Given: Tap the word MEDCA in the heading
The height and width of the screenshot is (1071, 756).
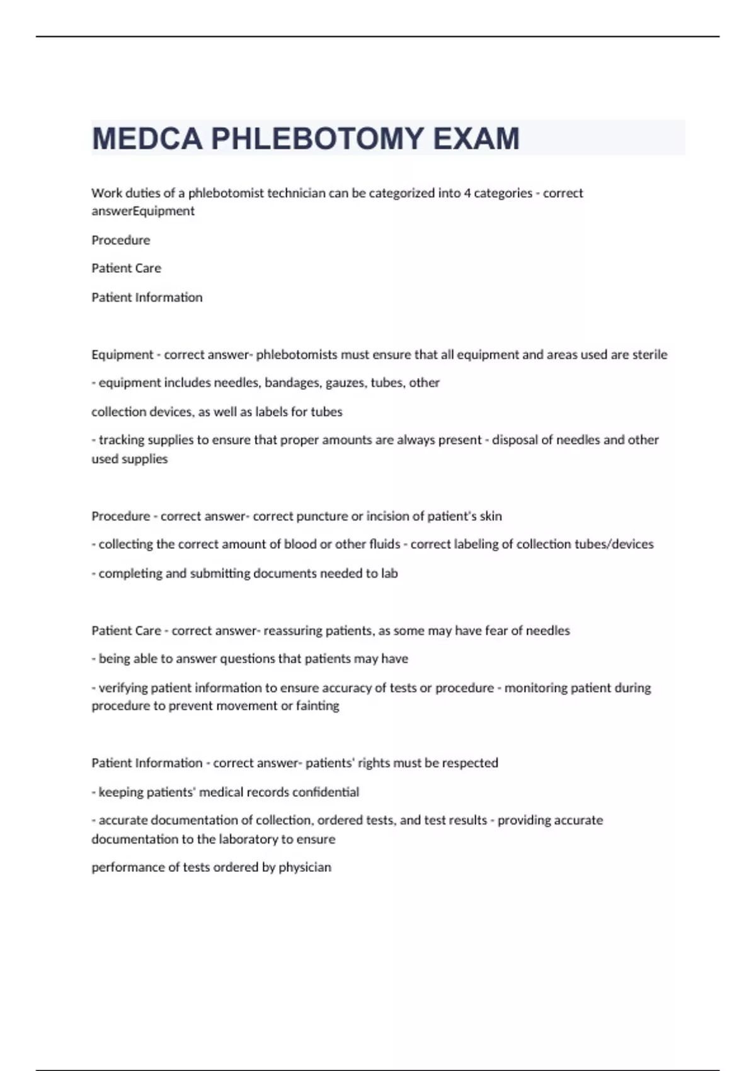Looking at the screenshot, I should click(147, 139).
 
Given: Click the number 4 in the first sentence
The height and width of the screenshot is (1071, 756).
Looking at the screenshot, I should click(467, 193).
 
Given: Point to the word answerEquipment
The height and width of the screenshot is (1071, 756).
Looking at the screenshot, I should click(143, 211).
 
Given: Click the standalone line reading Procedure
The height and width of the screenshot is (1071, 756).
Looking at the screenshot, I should click(121, 240).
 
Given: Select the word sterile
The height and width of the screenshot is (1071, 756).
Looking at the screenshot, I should click(650, 355).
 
